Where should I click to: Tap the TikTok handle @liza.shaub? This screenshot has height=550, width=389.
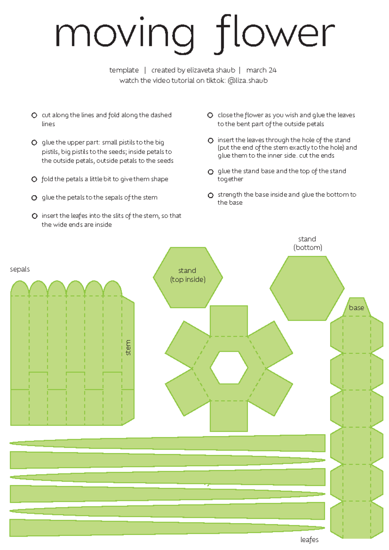248,80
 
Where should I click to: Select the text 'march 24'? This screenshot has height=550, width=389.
261,70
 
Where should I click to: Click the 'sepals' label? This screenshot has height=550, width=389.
20,269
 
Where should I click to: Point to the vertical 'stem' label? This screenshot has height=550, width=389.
128,348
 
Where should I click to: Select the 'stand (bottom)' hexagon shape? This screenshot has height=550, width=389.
307,288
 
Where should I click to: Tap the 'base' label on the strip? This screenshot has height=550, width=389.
356,308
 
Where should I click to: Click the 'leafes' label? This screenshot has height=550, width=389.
309,540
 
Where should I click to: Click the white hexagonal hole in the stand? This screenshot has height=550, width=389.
229,368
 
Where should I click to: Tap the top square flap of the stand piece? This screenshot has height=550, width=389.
229,321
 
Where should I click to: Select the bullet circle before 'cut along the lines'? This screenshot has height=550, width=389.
34,115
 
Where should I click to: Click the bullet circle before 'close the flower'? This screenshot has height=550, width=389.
210,115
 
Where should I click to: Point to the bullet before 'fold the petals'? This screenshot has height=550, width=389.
34,179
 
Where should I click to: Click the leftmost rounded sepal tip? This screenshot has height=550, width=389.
20,289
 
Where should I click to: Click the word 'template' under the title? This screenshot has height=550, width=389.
124,70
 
